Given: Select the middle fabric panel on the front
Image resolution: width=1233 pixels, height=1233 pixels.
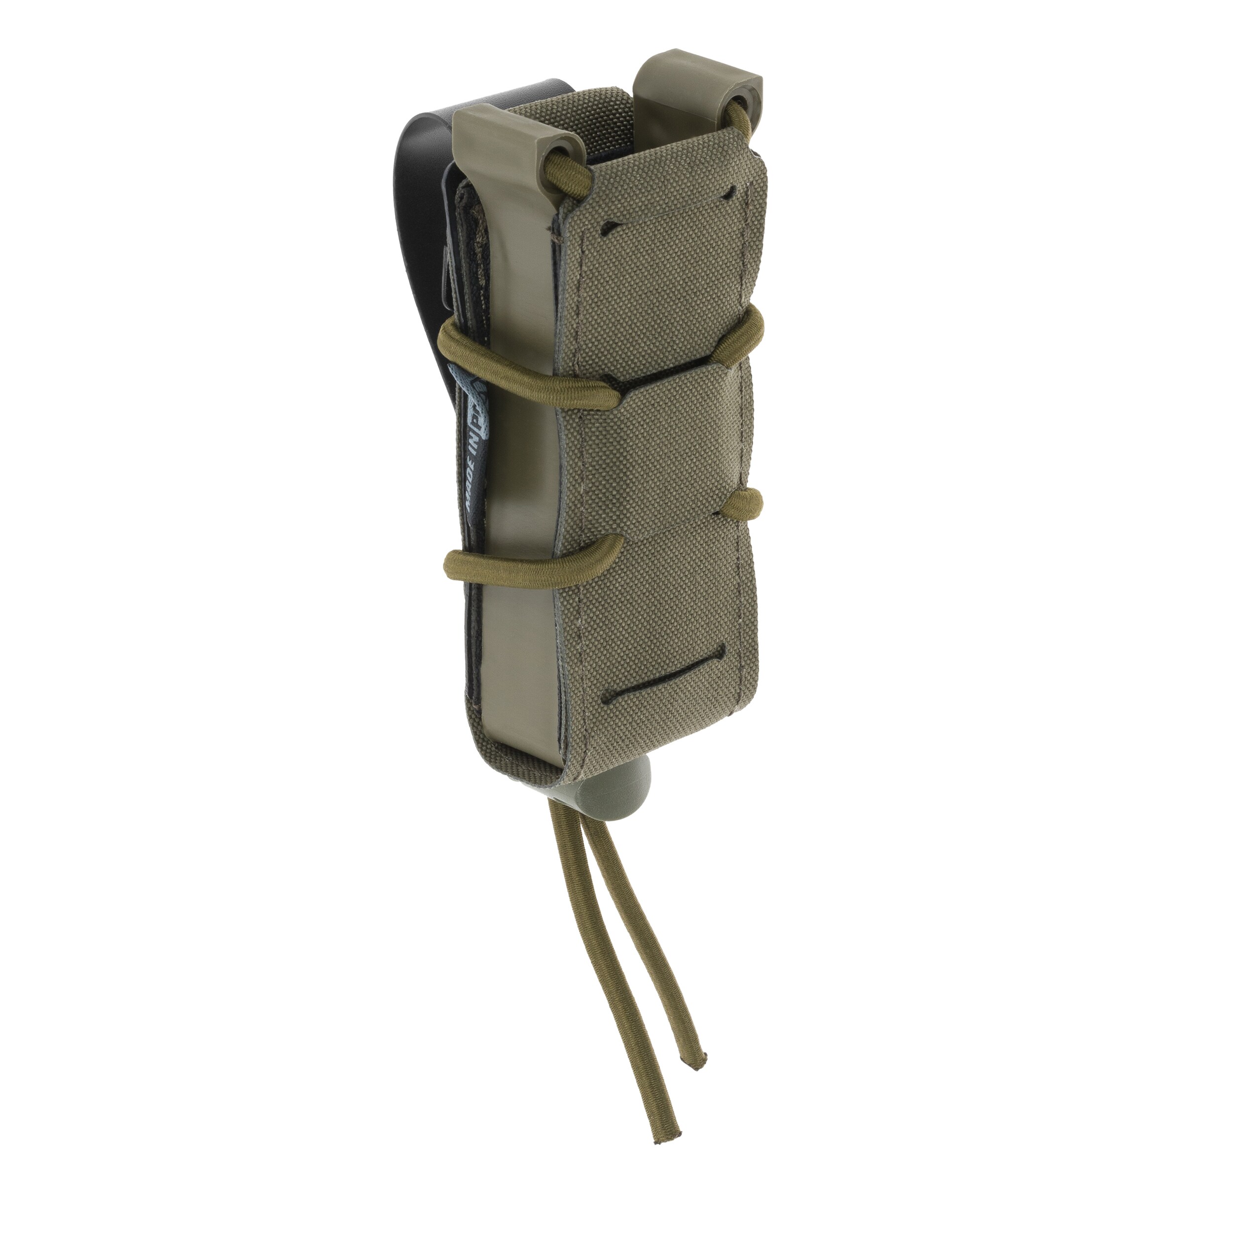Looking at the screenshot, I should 683,447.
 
